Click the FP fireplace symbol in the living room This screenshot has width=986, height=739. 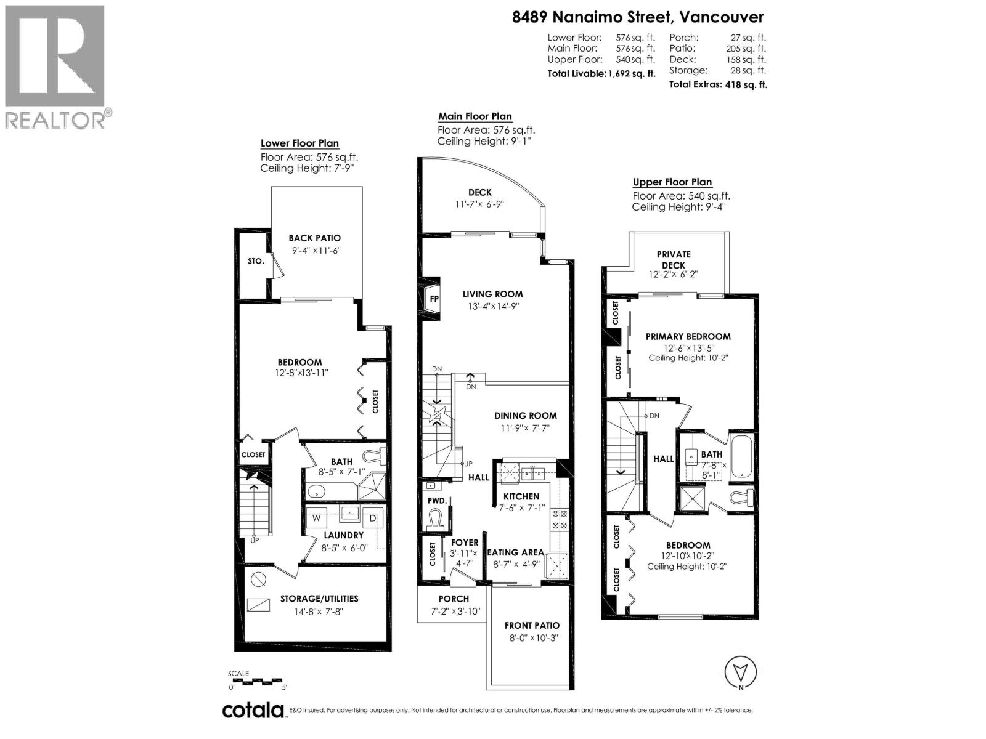click(x=434, y=299)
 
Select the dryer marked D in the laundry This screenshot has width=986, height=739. click(x=372, y=518)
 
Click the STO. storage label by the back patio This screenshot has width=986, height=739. click(x=256, y=261)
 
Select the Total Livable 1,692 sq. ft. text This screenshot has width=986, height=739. click(x=601, y=74)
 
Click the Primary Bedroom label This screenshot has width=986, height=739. click(x=688, y=336)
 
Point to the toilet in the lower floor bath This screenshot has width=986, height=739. click(x=373, y=456)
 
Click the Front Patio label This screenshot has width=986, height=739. click(x=531, y=625)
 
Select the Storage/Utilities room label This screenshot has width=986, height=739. click(x=319, y=599)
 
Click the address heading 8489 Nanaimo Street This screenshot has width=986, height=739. click(x=638, y=17)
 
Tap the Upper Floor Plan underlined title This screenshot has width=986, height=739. click(x=672, y=182)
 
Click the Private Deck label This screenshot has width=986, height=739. click(x=673, y=259)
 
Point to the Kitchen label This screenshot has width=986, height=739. click(x=521, y=496)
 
